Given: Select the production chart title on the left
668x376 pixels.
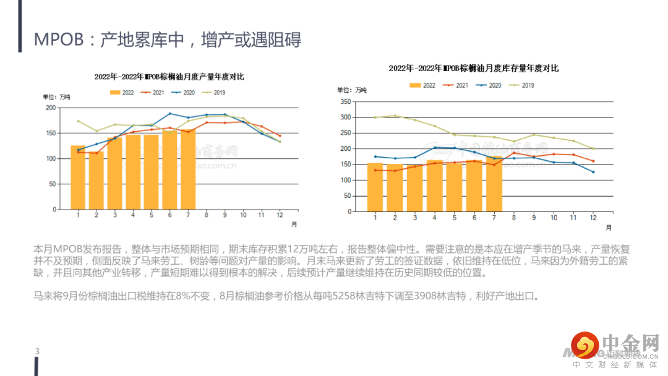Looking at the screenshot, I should pos(169,77).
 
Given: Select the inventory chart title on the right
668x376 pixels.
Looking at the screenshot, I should pos(474,68).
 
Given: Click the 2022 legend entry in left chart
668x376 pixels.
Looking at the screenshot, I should pos(122,92).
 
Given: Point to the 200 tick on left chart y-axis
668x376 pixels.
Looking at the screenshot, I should pos(51,108).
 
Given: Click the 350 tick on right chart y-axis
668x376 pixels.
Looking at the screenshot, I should pos(346,101).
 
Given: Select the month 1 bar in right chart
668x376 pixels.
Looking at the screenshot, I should pos(375,187).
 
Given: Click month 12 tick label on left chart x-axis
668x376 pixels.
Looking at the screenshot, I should pos(280,215).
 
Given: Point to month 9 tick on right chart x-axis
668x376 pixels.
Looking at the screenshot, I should pos(534,218).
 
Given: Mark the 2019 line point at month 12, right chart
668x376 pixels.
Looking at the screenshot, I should pos(593,148).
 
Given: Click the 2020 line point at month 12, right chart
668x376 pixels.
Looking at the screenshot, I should pos(593,172).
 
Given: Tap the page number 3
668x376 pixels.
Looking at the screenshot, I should pos(37,352).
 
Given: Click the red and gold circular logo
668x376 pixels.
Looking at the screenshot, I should pos(584,344).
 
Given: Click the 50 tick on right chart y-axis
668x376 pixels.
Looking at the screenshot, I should pos(348,195).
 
